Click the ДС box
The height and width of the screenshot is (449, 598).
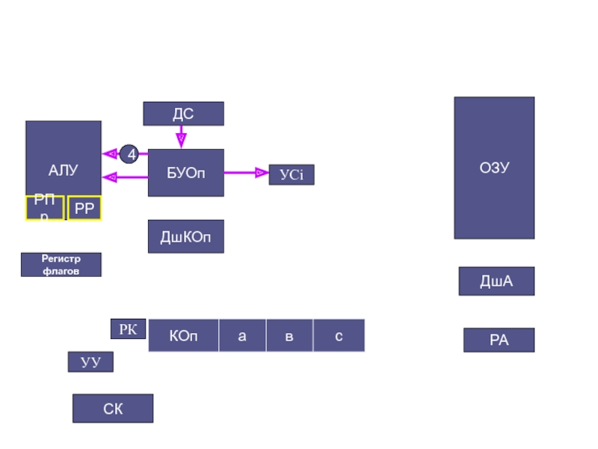(183, 114)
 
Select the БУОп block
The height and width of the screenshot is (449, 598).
(185, 173)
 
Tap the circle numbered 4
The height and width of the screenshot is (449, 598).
(131, 155)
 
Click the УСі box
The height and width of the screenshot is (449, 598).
(292, 175)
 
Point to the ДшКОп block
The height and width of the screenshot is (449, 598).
(185, 236)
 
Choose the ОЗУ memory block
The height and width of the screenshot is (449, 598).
(494, 168)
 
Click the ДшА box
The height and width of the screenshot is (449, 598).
(496, 281)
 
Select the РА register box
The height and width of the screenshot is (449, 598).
(499, 340)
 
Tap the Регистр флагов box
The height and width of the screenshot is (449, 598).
(61, 265)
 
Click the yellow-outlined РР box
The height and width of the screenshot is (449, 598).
(84, 209)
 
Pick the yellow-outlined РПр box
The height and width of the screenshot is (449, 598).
(44, 208)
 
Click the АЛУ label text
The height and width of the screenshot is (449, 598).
(63, 171)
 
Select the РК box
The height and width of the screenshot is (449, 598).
(128, 329)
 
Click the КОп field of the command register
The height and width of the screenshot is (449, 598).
(184, 335)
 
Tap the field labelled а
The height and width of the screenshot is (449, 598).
(242, 335)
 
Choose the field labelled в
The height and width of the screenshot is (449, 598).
(289, 335)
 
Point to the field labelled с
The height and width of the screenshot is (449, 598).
(339, 335)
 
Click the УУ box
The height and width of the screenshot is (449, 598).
(90, 362)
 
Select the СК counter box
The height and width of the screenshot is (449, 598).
(113, 409)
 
